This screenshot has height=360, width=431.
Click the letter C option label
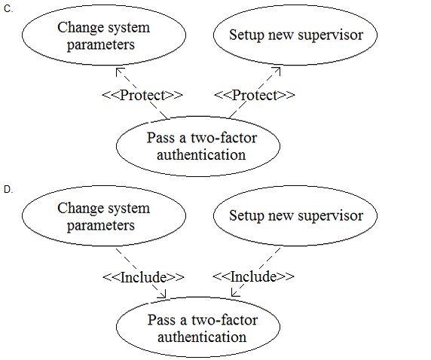pos(8,9)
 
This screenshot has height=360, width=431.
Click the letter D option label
pos(8,190)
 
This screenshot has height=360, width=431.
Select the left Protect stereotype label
pos(142,95)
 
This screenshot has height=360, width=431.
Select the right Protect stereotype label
pos(254,95)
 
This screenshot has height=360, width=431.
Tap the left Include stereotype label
pos(143,277)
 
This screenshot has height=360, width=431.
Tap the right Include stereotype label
pos(253,276)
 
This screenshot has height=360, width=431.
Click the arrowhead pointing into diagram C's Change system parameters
pos(119,71)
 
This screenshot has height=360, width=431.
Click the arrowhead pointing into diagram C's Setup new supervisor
pos(277,70)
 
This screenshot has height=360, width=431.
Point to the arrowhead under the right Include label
pos(234,294)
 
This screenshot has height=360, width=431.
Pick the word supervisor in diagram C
pos(331,35)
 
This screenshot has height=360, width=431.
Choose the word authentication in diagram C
pos(201,155)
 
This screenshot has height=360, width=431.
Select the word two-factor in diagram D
pos(225,320)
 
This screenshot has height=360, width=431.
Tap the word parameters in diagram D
pos(101,226)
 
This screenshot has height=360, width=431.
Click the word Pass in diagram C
pos(160,138)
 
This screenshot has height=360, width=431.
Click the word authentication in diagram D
pos(202,337)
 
